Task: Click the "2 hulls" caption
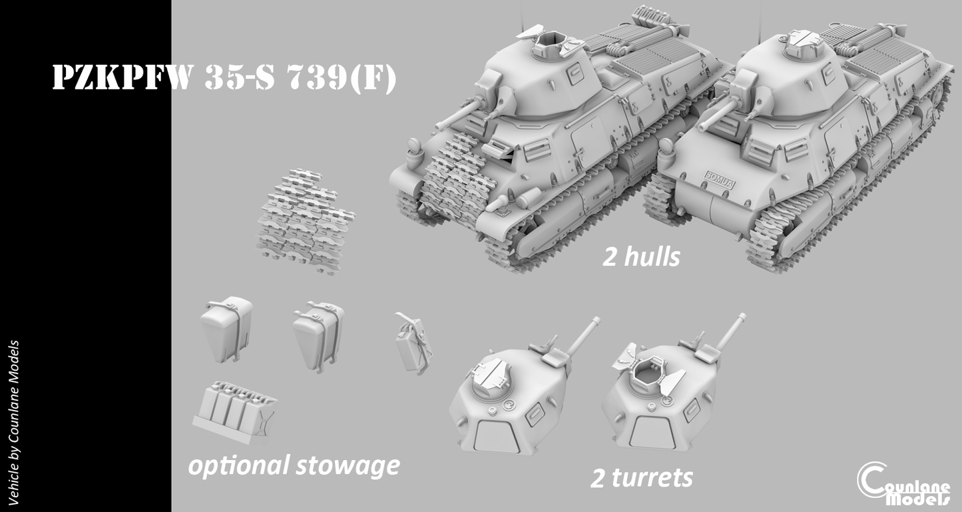(641, 257)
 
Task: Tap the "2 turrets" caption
(642, 477)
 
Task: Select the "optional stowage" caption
(294, 466)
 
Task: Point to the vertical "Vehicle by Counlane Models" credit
(13, 423)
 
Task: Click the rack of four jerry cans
(234, 411)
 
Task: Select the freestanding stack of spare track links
(306, 221)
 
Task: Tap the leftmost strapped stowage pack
(226, 329)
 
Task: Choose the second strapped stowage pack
(319, 336)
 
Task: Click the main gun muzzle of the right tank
(702, 127)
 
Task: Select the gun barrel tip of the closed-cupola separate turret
(596, 321)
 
